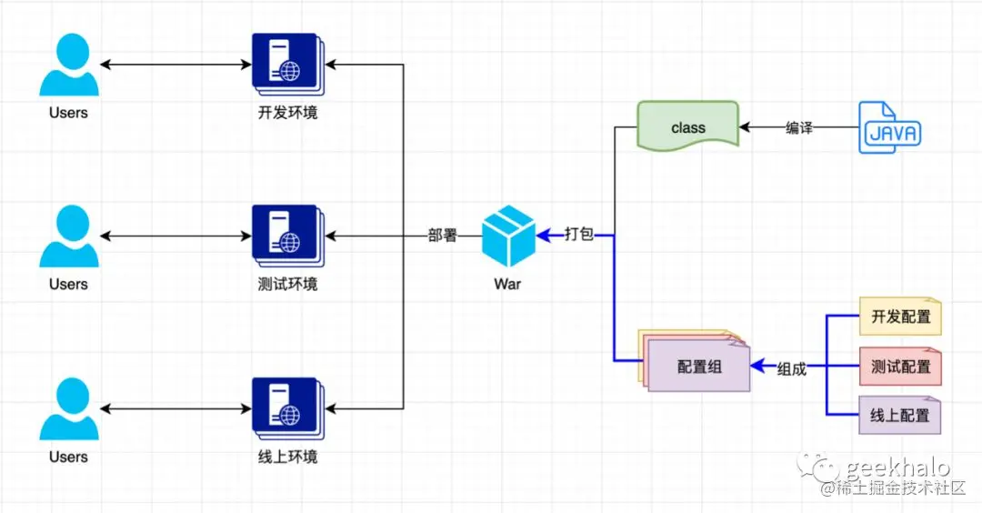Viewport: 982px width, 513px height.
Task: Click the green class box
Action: click(x=687, y=127)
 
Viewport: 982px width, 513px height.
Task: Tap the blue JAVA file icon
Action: click(x=889, y=128)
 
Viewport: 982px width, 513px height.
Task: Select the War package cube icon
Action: click(x=507, y=235)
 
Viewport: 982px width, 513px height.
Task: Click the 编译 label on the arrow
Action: click(x=799, y=128)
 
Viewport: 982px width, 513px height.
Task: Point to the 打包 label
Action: click(x=579, y=235)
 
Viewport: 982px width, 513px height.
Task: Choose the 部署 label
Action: click(x=443, y=235)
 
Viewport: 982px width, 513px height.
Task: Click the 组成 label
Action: click(x=792, y=368)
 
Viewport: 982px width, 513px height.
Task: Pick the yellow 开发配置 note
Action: click(x=900, y=317)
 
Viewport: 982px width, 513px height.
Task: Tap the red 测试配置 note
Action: click(x=900, y=367)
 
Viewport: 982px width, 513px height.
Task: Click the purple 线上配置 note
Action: click(x=900, y=415)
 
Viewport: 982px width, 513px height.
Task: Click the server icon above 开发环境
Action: click(x=286, y=65)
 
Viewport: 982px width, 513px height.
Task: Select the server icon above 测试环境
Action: click(x=286, y=236)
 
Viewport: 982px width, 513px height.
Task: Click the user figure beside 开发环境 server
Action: click(x=68, y=65)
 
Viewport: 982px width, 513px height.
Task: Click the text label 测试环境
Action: click(x=287, y=284)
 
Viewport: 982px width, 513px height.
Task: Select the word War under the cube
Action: click(x=507, y=284)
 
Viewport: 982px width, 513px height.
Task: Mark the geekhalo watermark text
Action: click(x=897, y=468)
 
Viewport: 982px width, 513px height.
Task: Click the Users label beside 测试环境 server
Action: click(x=68, y=284)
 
